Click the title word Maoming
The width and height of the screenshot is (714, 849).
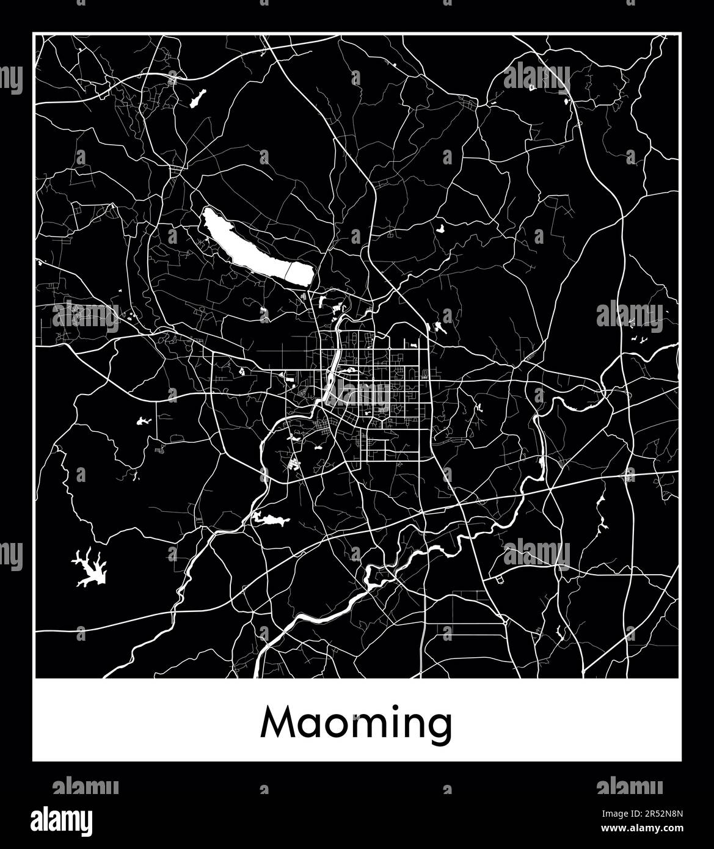point(357,724)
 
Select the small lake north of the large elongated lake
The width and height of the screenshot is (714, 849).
point(199,98)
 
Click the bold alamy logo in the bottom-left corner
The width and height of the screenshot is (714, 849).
point(62,818)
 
